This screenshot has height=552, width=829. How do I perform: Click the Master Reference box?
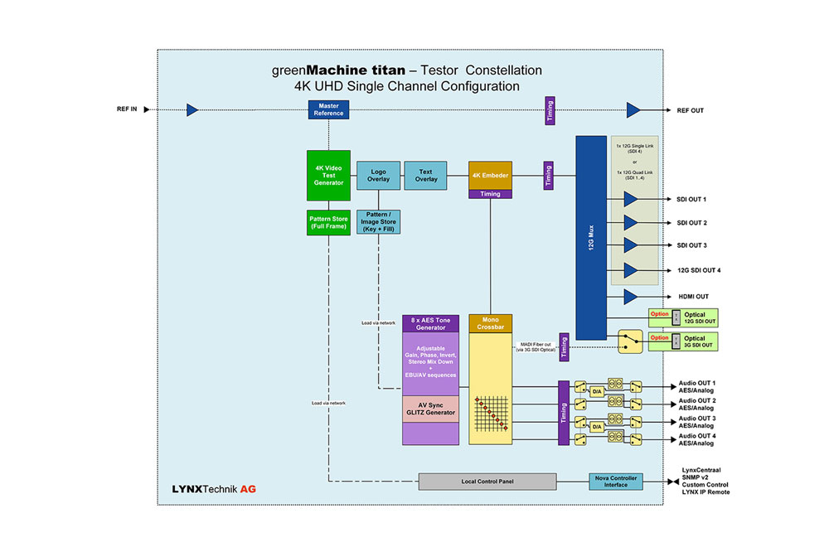click(328, 109)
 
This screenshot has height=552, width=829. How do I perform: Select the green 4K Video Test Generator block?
click(328, 175)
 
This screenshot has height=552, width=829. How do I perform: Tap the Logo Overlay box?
click(378, 175)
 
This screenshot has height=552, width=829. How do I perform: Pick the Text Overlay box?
click(426, 175)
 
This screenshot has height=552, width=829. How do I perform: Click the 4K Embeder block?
click(490, 175)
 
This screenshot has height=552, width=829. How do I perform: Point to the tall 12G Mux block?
click(590, 237)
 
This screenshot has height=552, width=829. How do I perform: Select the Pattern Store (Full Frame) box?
click(328, 223)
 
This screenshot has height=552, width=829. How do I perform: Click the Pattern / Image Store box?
click(378, 221)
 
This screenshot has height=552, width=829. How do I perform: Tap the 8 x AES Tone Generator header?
click(430, 323)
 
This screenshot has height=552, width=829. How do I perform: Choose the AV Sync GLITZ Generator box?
click(430, 409)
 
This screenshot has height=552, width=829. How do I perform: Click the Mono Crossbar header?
click(491, 323)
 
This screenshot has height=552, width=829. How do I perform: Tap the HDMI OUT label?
click(693, 297)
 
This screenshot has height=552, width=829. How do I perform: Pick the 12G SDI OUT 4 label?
click(698, 270)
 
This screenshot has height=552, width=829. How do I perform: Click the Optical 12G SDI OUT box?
click(694, 317)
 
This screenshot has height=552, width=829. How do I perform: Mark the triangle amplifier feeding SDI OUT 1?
click(630, 200)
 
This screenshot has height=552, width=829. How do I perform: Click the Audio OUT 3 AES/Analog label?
click(696, 422)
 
